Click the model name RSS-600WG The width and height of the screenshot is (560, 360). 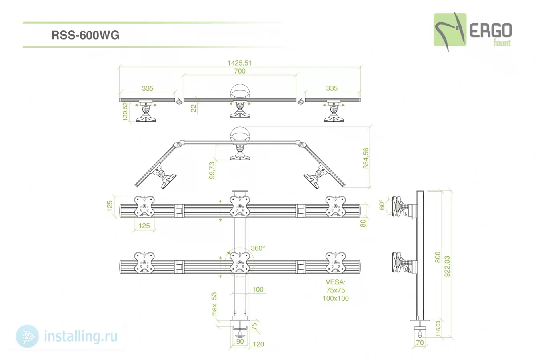[85, 35]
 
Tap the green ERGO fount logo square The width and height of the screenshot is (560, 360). [450, 30]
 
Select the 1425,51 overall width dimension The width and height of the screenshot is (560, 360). [239, 63]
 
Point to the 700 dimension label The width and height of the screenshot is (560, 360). [240, 71]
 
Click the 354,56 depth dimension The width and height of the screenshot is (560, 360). [366, 158]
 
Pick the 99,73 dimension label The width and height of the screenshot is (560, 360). [212, 170]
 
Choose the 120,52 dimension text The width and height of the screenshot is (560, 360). [125, 112]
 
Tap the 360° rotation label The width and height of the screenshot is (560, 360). [258, 248]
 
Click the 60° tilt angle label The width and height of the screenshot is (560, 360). [382, 204]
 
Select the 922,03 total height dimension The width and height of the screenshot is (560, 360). [447, 266]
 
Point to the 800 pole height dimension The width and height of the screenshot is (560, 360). [438, 257]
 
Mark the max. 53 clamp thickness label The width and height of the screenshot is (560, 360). [214, 304]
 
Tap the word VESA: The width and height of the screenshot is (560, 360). [336, 282]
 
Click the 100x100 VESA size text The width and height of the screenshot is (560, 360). [336, 298]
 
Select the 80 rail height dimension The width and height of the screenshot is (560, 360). [363, 223]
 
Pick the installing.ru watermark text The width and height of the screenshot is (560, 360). [81, 336]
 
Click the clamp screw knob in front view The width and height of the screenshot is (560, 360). [240, 334]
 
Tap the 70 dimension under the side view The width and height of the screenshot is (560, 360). [420, 342]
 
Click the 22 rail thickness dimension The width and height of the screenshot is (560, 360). [193, 108]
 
